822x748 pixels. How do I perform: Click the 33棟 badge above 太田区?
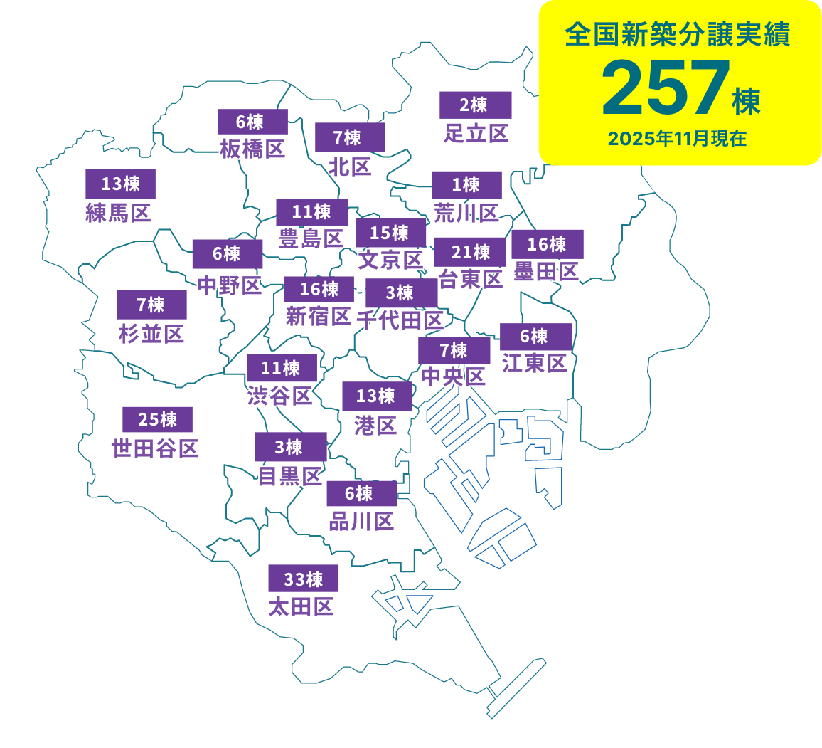coord(303,579)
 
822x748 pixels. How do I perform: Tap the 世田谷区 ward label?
coord(155,448)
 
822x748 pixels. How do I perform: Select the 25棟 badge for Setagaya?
coord(157,419)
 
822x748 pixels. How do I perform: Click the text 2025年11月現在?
coord(677,139)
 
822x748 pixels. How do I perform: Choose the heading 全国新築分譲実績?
coord(678,35)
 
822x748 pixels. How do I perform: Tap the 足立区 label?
coord(476,133)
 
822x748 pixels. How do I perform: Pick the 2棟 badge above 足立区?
coord(475,105)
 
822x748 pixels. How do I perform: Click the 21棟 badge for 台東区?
coord(469,252)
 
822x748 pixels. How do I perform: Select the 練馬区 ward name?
coord(118,213)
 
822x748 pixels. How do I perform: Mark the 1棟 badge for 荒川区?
coord(466,184)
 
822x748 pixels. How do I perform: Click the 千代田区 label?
coord(400,320)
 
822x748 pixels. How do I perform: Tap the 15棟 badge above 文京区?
coord(390,232)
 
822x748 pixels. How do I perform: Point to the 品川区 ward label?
coord(361,522)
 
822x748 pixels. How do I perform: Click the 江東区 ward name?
coord(534,363)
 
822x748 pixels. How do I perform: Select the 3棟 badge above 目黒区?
coord(290,446)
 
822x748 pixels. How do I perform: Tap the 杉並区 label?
coord(151,333)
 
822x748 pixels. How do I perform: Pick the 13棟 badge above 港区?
coord(377,396)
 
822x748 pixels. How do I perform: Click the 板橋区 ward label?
coord(252,149)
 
